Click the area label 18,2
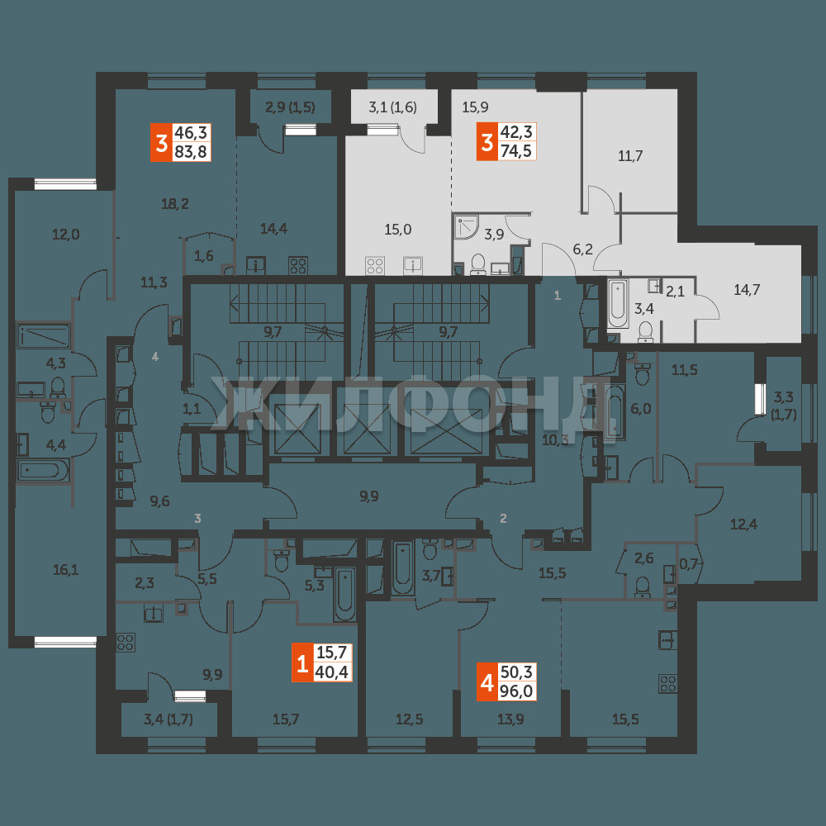click(x=175, y=203)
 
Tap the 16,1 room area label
click(x=65, y=569)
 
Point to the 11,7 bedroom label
click(x=630, y=156)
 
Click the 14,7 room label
click(x=747, y=289)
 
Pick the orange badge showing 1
click(x=302, y=663)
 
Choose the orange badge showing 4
click(x=487, y=683)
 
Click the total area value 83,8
click(x=192, y=152)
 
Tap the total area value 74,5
click(x=516, y=151)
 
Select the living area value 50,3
click(x=516, y=672)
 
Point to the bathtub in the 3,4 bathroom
click(x=617, y=305)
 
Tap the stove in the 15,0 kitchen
click(x=375, y=265)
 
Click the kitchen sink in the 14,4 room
click(x=256, y=265)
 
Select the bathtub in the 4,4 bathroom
click(x=43, y=471)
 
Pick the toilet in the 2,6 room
click(x=642, y=586)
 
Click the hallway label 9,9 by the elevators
click(x=368, y=496)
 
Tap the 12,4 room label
click(x=743, y=525)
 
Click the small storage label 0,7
click(x=688, y=564)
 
